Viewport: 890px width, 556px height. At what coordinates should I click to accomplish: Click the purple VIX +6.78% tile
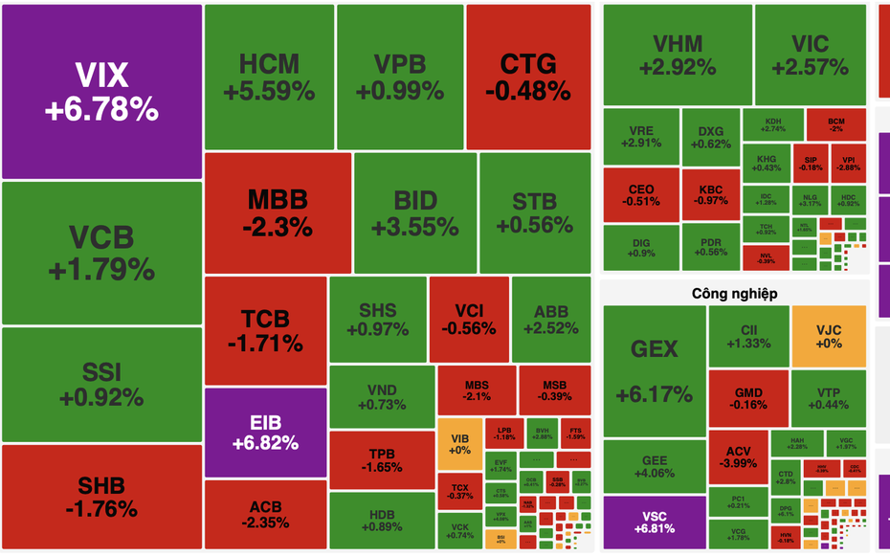[x=101, y=91]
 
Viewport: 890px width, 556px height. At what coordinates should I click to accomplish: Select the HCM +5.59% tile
[x=269, y=77]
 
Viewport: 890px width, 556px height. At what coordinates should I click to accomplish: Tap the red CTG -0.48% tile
[x=527, y=77]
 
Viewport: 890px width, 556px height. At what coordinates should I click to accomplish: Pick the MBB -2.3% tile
[x=278, y=212]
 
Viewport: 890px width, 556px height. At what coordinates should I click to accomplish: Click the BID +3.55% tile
[x=414, y=212]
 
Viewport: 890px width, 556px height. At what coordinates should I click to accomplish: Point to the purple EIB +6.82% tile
[x=265, y=433]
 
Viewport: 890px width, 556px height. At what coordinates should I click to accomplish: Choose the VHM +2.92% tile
[x=677, y=55]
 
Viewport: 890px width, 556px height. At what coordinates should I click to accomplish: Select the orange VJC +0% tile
[x=828, y=335]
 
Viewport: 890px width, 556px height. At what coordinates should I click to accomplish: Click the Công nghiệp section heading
[x=734, y=293]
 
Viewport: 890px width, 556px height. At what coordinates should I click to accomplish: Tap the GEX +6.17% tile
[x=654, y=370]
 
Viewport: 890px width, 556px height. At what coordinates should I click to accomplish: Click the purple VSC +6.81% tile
[x=655, y=522]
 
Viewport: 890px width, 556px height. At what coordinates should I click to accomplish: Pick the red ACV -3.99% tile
[x=738, y=457]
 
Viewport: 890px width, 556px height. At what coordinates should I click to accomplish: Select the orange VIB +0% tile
[x=459, y=444]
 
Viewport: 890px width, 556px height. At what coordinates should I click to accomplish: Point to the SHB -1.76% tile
[x=101, y=497]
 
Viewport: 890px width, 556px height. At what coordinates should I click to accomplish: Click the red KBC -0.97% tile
[x=711, y=194]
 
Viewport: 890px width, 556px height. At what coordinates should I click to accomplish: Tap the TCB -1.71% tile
[x=264, y=330]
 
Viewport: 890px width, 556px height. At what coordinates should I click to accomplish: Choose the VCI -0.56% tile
[x=468, y=320]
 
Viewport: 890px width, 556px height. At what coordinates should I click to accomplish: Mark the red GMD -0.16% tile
[x=748, y=398]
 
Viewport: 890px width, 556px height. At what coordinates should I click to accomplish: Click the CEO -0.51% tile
[x=640, y=194]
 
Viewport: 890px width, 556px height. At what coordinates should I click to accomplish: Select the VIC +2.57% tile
[x=810, y=55]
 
